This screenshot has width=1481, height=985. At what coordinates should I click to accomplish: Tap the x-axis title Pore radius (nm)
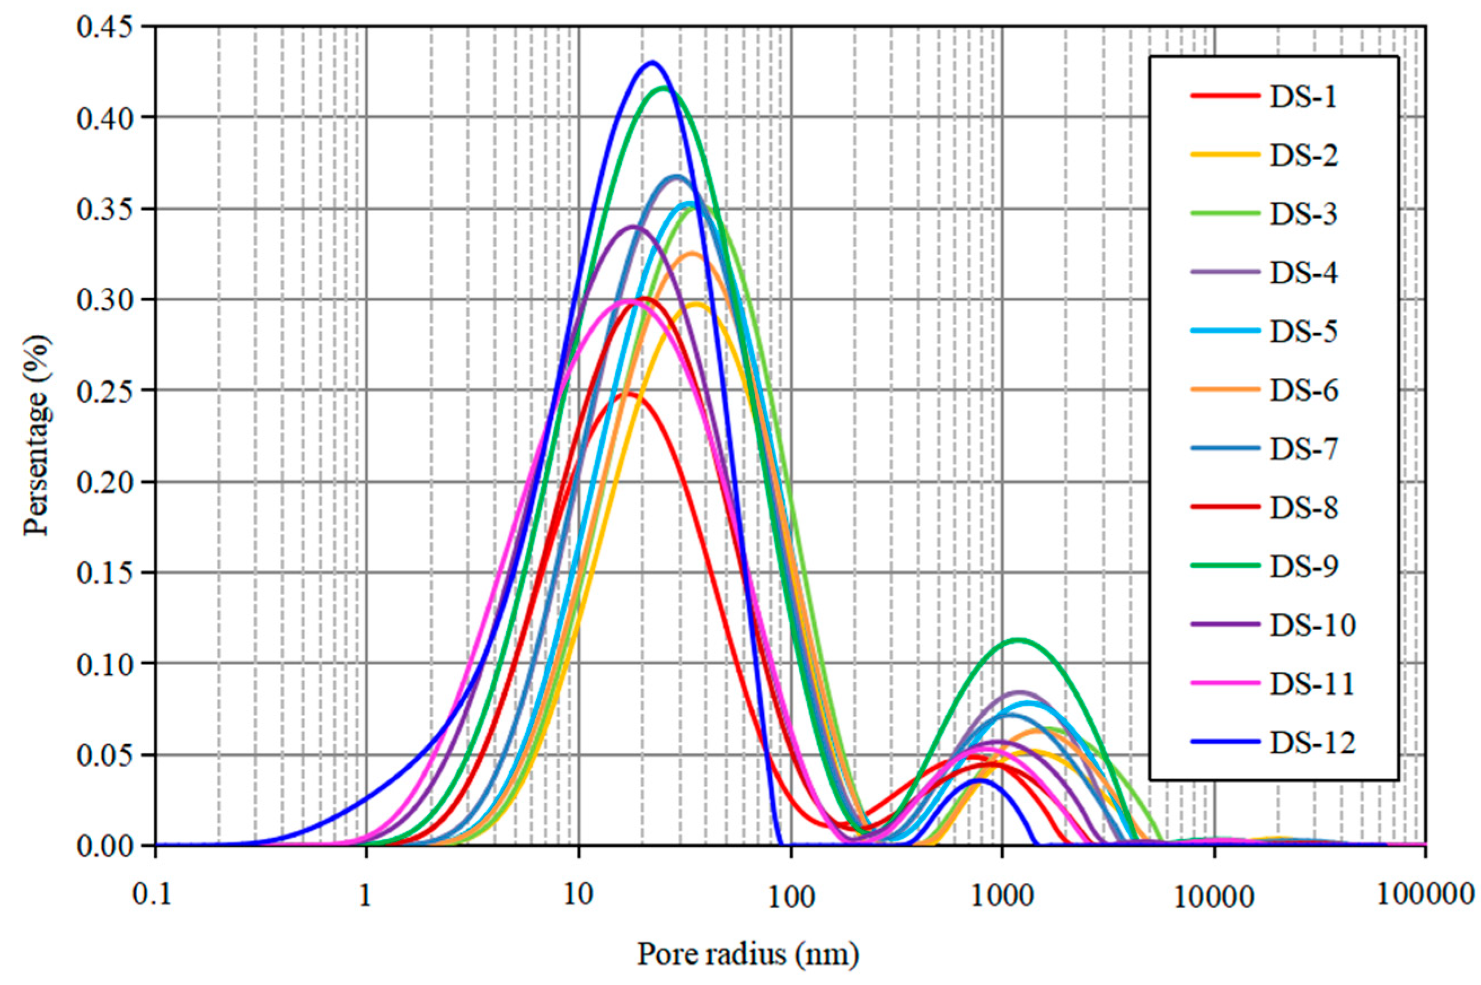748,953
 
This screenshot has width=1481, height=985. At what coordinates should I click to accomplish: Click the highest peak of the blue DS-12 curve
652,62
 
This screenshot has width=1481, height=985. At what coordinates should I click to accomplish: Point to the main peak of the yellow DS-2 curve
696,304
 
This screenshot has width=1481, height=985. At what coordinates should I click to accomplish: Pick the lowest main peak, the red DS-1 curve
628,394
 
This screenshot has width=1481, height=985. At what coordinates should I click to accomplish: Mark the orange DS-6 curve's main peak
692,253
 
